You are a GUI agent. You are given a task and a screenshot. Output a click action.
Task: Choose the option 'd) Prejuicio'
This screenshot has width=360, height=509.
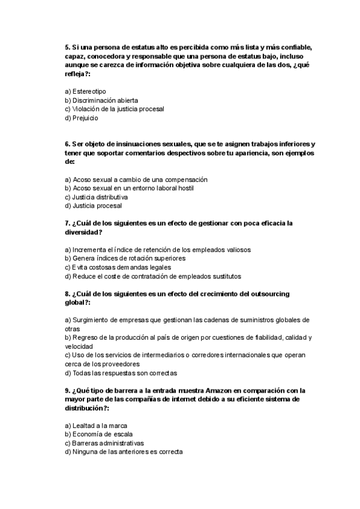point(81,118)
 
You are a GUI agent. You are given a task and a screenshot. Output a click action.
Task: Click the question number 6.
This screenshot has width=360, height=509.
point(67,145)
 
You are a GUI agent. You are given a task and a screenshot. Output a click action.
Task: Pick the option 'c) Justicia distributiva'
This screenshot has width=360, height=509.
point(96,197)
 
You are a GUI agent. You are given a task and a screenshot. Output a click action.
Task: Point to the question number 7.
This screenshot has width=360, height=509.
point(67,223)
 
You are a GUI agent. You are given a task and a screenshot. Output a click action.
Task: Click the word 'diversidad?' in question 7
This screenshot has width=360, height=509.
point(84,232)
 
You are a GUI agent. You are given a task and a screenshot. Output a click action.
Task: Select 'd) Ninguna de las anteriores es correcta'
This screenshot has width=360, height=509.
point(123,451)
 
